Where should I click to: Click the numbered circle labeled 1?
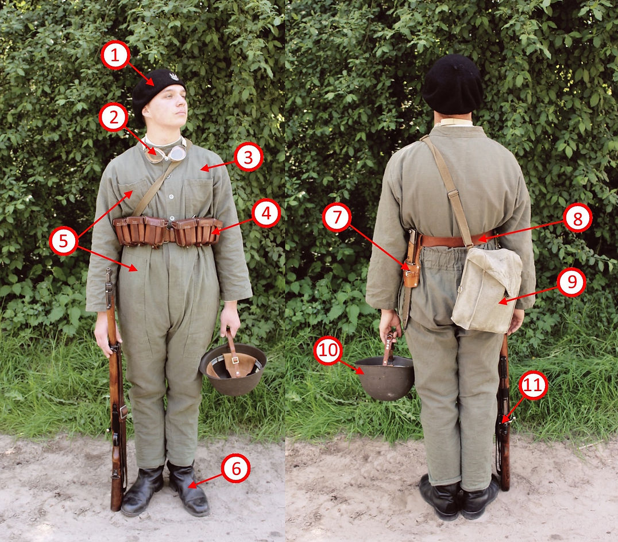[x=115, y=56]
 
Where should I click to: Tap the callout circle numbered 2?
[x=114, y=117]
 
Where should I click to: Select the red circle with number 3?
[x=248, y=157]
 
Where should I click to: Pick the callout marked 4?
[x=266, y=213]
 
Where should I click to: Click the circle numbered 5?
[x=63, y=240]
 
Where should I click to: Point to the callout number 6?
[x=235, y=469]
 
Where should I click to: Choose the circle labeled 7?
[x=337, y=217]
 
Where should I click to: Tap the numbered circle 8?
[x=577, y=219]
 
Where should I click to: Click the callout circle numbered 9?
[x=571, y=282]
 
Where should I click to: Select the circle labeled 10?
[x=328, y=350]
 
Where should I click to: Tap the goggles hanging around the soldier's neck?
[x=165, y=153]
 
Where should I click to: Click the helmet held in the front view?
[x=233, y=369]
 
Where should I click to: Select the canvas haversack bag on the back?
[x=486, y=290]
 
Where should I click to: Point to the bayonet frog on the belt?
[x=412, y=260]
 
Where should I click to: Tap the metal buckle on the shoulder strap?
[x=453, y=193]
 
